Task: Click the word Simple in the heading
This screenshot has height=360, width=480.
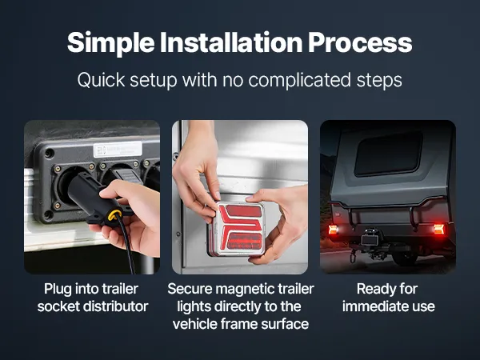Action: (111, 43)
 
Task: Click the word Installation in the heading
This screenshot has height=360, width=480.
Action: (231, 42)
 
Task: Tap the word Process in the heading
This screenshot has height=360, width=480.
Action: (360, 42)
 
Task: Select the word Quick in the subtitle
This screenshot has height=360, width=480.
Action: (101, 80)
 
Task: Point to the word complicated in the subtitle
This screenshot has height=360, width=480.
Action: (299, 81)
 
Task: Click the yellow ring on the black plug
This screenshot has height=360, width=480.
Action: (114, 215)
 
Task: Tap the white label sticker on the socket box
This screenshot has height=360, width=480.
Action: (118, 150)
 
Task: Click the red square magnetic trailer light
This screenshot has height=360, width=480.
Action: (238, 229)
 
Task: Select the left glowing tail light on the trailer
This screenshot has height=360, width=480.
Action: (333, 230)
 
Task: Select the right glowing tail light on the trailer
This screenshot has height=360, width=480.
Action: (438, 229)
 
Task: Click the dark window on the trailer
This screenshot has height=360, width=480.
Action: (389, 154)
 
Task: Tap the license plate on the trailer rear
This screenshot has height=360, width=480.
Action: (370, 240)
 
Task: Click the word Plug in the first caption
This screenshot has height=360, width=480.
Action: (58, 290)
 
